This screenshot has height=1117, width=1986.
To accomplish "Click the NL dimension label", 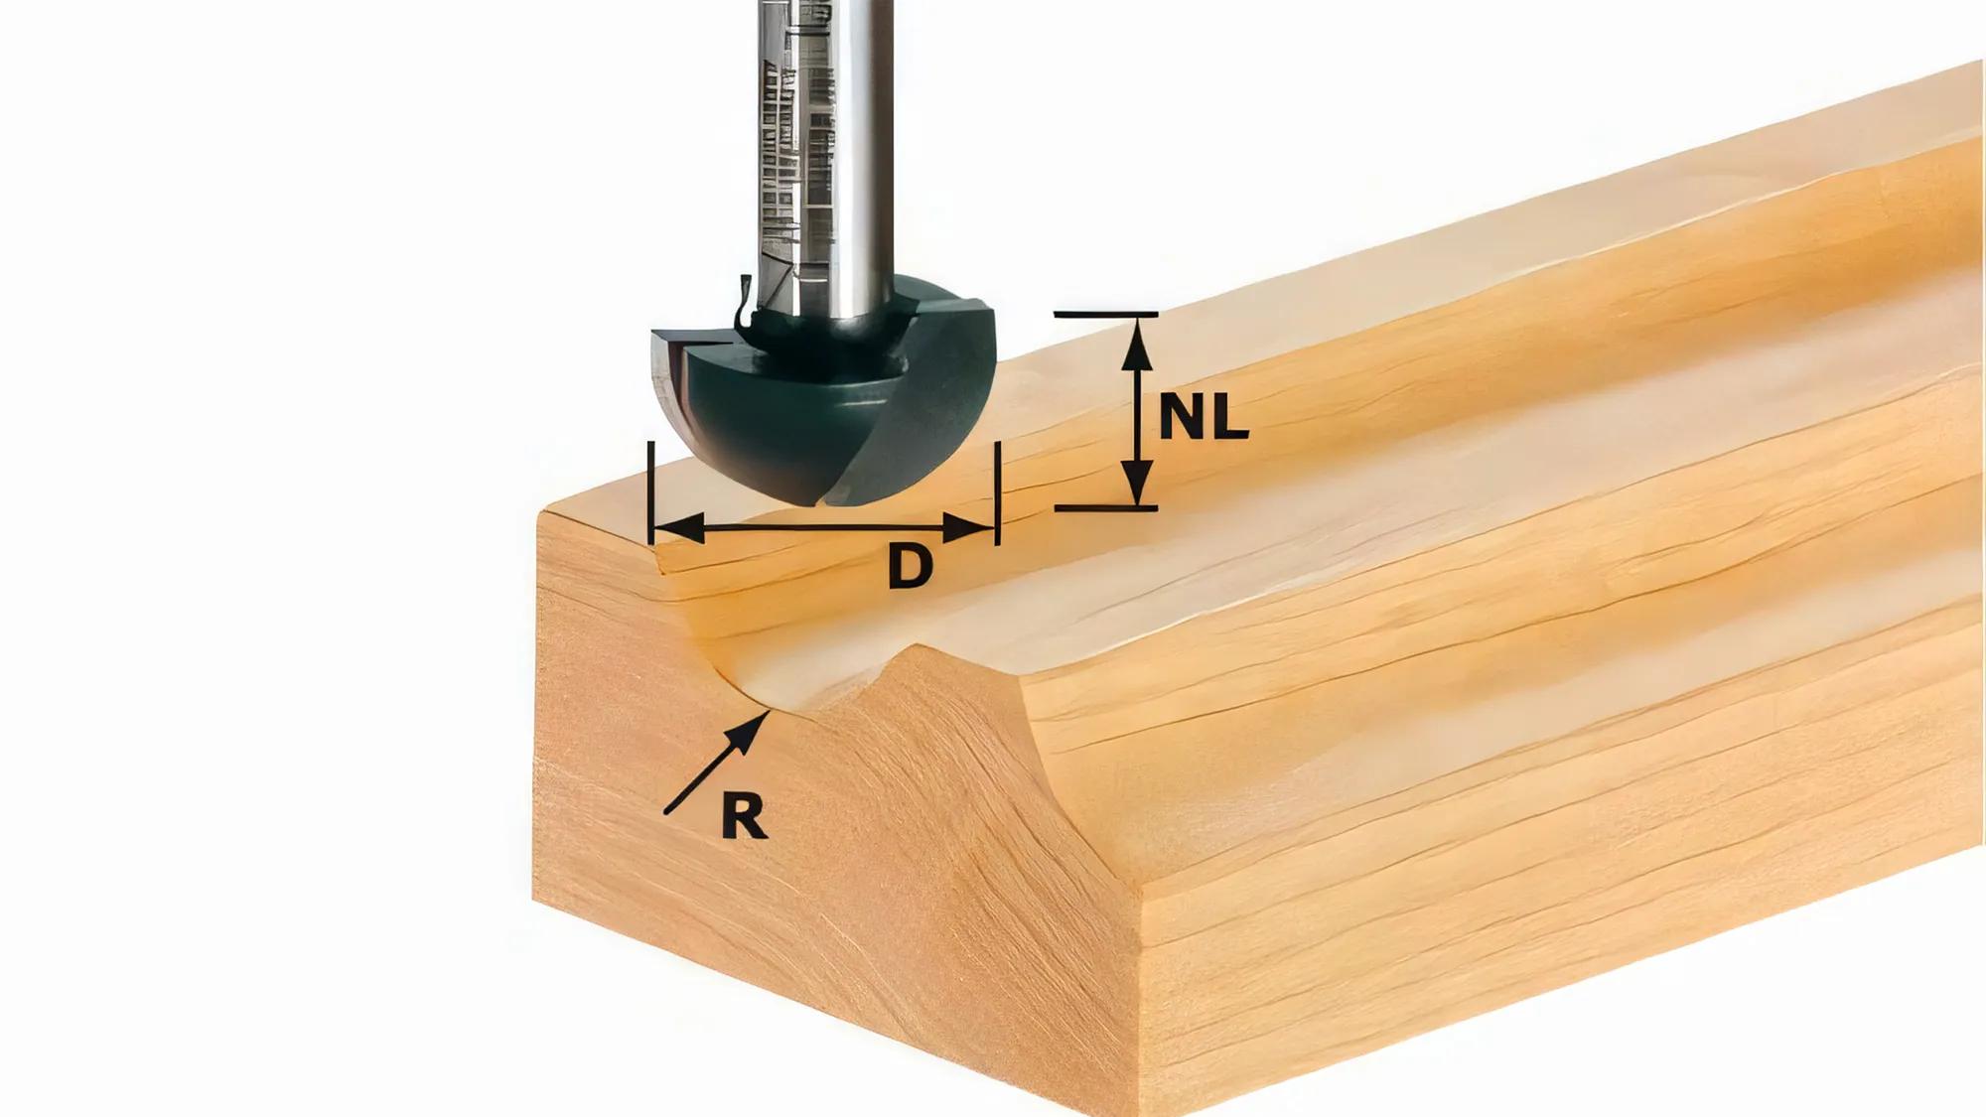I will tap(1203, 417).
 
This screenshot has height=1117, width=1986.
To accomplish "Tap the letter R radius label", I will tap(744, 818).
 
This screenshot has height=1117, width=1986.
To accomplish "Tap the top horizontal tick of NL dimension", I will tap(1105, 315).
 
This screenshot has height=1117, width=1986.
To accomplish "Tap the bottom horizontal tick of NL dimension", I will tap(1105, 508).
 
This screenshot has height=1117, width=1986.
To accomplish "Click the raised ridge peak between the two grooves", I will tap(919, 650).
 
